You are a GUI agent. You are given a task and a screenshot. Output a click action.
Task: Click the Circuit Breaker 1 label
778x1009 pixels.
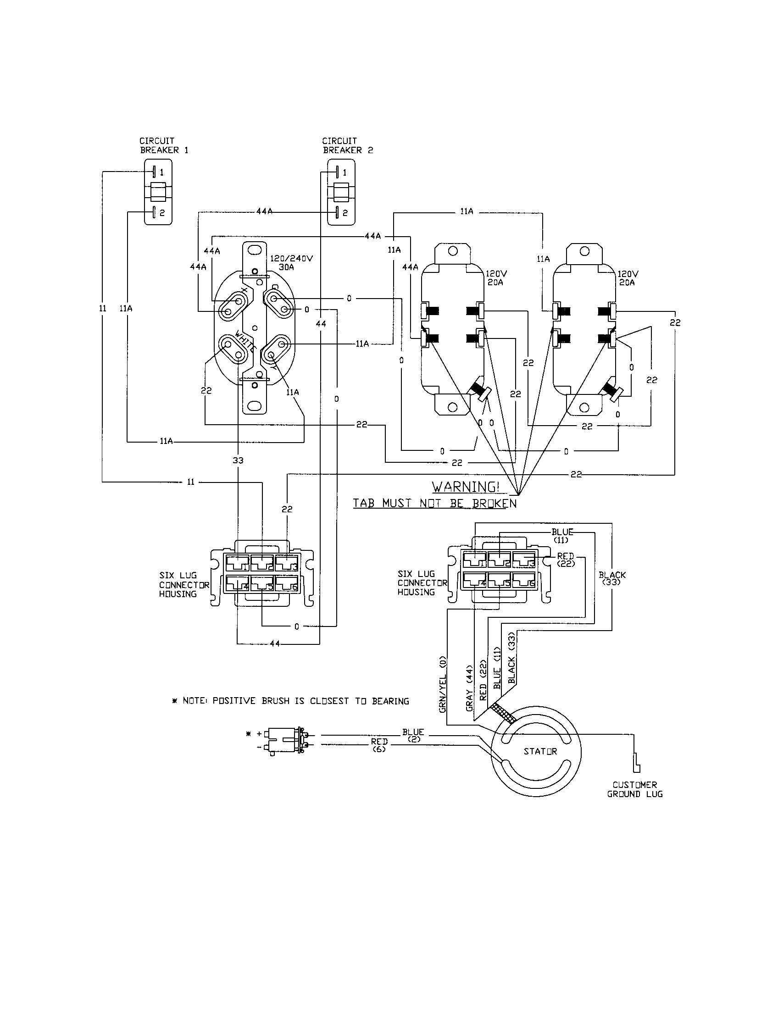(x=164, y=145)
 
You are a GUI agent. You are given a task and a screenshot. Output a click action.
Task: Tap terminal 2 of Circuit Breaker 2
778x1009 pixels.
(x=338, y=212)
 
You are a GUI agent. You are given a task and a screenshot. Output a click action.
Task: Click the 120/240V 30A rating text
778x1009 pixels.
(x=291, y=262)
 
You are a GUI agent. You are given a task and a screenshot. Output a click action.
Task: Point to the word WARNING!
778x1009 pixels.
(x=466, y=487)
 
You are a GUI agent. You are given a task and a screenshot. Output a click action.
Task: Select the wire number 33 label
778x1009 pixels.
(x=238, y=460)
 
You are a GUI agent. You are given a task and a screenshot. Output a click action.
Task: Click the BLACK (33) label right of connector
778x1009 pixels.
(x=612, y=578)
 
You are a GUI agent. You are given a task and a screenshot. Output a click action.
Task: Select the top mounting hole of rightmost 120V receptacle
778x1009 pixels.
(x=584, y=251)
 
